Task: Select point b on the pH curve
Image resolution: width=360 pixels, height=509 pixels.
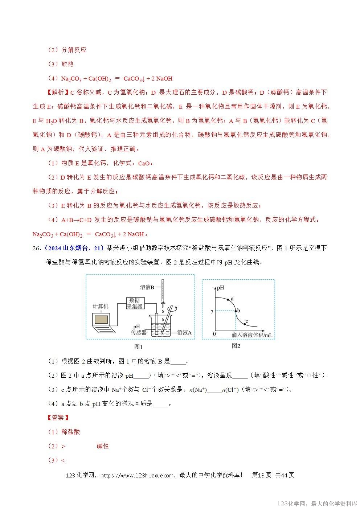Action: point(236,311)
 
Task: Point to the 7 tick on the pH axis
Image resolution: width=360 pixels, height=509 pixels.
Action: point(212,312)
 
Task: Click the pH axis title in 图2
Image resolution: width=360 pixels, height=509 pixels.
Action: point(221,288)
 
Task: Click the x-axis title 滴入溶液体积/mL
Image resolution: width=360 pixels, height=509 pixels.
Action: point(252,335)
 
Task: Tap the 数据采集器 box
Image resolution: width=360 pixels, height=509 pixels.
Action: point(135,303)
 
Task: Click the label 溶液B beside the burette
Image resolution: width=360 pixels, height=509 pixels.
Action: point(147,287)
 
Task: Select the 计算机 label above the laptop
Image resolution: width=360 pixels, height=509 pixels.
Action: point(101,306)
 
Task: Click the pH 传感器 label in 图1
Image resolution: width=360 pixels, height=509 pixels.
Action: point(139,329)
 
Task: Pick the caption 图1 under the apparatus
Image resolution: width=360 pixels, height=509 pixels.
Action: point(138,347)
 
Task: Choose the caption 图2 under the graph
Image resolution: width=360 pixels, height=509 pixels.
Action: point(236,346)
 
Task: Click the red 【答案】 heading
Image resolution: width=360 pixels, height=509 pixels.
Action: point(58,418)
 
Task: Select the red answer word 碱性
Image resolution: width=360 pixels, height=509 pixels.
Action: point(103,446)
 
